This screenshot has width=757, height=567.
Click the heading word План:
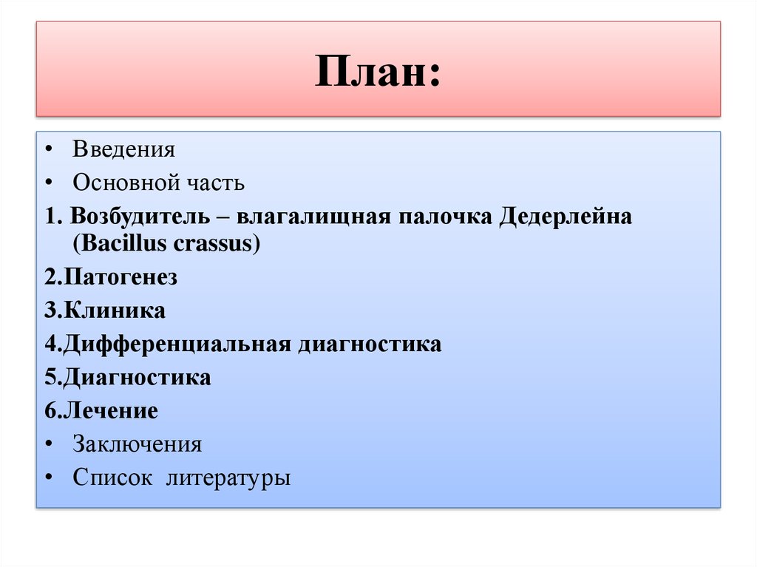click(x=378, y=72)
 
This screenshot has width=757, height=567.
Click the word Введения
click(x=123, y=149)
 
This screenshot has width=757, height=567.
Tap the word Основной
click(x=126, y=183)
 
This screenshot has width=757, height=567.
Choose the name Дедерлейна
click(x=566, y=217)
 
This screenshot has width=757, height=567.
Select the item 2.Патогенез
click(x=111, y=277)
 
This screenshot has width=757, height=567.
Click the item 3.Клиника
click(x=104, y=310)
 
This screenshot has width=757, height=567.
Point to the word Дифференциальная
click(x=177, y=344)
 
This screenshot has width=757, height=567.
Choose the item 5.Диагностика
click(x=127, y=378)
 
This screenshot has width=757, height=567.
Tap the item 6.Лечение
click(x=101, y=410)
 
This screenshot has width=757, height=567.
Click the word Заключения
click(x=137, y=444)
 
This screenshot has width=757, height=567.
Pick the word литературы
click(x=228, y=478)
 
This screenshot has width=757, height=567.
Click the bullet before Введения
click(x=48, y=150)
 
